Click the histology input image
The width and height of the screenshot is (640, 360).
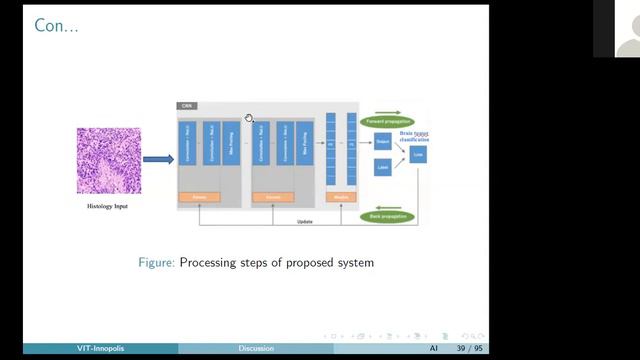click(105, 160)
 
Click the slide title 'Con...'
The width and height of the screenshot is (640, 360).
click(56, 25)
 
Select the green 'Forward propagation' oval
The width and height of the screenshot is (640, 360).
click(390, 122)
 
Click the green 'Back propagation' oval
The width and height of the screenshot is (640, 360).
click(390, 215)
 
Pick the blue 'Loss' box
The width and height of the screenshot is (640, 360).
click(418, 155)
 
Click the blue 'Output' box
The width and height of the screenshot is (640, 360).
click(382, 141)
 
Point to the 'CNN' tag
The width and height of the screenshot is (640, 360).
click(188, 106)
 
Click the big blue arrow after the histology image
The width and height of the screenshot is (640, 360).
click(158, 159)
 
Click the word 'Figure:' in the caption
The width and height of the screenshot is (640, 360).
click(157, 262)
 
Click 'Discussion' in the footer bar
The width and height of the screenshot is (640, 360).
click(257, 349)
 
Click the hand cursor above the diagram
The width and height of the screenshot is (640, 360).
click(249, 118)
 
